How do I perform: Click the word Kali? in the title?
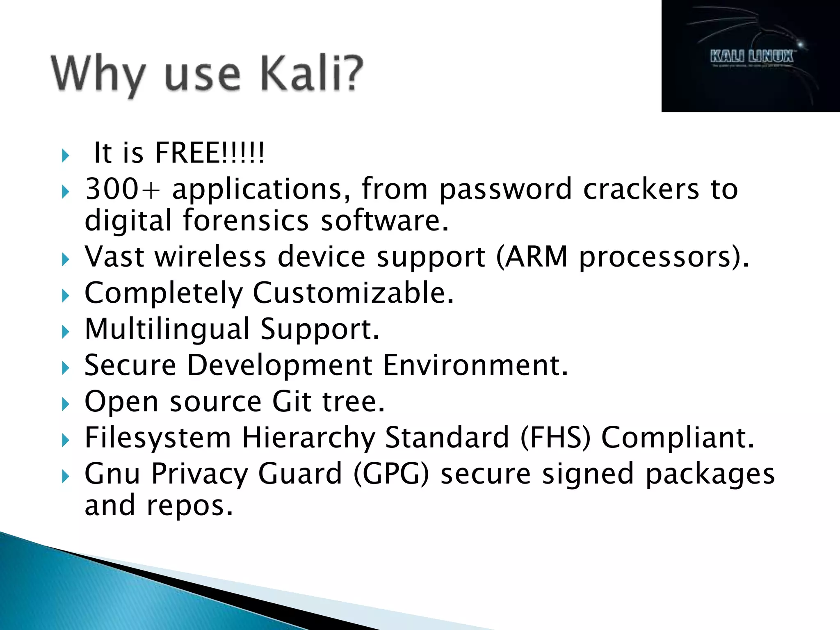point(312,74)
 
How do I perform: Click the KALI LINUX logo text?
point(751,56)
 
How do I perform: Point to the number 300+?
point(123,189)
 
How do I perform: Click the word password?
point(505,190)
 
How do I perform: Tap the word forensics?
point(245,221)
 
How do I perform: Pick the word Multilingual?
point(167,329)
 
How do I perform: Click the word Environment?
point(476,365)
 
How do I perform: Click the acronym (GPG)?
point(391,473)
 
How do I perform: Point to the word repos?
point(189,505)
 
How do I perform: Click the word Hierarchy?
point(308,438)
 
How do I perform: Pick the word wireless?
point(210,257)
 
